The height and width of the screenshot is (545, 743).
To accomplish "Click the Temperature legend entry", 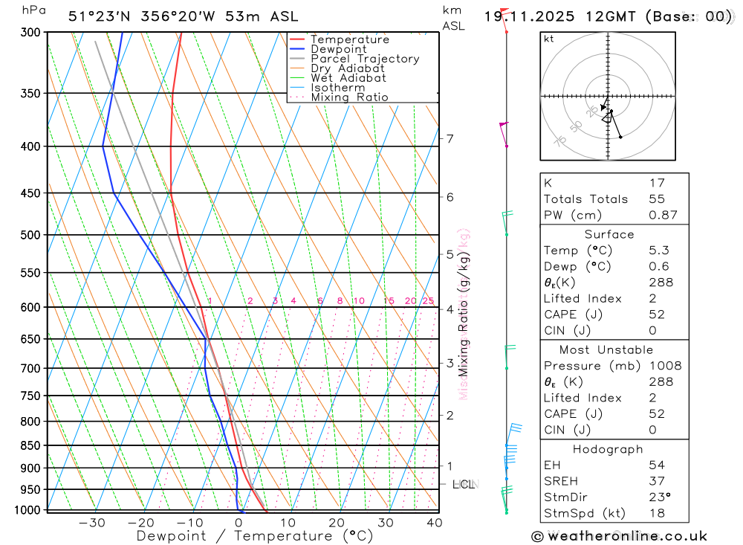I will point(349,39).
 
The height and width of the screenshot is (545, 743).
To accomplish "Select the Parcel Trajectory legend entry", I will point(365,59).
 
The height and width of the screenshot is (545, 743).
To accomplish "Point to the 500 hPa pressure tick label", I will point(30,235).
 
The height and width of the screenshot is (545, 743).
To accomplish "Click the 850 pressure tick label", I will point(30,445).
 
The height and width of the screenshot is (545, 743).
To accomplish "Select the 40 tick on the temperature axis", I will point(434,523).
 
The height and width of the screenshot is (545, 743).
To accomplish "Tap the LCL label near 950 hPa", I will point(463,485).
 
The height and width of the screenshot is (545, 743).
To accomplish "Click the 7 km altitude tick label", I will point(450,138).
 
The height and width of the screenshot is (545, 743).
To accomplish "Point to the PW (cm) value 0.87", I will point(663,215).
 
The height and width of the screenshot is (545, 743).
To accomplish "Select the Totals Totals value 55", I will point(656,199).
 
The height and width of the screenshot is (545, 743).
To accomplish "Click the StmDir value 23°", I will point(658,497).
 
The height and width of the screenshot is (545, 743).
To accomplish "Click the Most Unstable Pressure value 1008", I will point(664,366).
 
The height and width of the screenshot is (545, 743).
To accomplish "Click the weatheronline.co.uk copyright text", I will point(619,536).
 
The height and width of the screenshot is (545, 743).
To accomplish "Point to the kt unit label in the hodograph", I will point(549,39).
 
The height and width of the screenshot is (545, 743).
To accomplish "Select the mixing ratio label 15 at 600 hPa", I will point(389,301).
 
